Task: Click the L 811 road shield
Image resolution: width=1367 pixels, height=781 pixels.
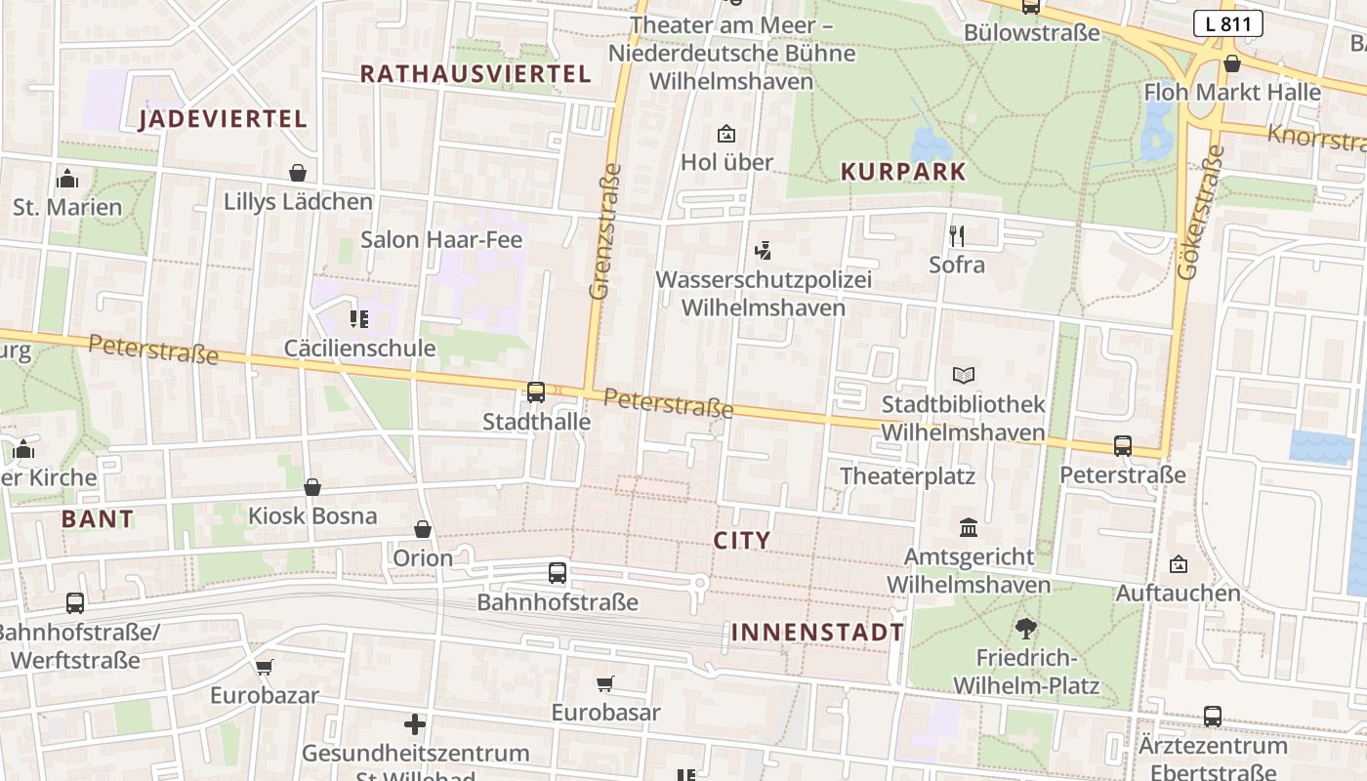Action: point(1227,24)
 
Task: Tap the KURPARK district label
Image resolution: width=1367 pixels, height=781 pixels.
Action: point(903,172)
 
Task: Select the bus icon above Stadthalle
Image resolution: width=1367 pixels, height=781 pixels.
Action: point(536,392)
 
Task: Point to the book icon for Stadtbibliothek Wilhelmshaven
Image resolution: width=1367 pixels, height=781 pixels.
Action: point(964,375)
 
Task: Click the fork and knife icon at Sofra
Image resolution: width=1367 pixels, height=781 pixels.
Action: point(957,235)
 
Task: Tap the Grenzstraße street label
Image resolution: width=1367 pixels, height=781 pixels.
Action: point(606,230)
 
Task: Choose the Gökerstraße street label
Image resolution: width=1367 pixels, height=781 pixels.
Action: point(1201,213)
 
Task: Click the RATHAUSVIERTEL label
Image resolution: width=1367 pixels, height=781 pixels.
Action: point(476,74)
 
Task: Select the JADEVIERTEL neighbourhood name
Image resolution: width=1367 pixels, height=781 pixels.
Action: point(223,119)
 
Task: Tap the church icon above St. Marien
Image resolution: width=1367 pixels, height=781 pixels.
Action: point(67,179)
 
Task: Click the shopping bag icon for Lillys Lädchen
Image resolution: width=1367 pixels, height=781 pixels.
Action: point(298,173)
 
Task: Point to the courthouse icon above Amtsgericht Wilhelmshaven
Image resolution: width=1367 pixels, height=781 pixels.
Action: point(969,527)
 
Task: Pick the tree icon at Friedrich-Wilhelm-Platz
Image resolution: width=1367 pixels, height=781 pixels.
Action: point(1025,628)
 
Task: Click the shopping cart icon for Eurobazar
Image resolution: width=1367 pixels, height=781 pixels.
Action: point(264,668)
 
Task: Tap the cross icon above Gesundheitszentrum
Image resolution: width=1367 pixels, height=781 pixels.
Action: point(415,724)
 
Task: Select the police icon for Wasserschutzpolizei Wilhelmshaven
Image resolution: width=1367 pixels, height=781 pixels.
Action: point(764,251)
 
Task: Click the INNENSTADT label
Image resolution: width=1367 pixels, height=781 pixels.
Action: point(817,633)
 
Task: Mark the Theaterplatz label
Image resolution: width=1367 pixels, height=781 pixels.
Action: point(908,475)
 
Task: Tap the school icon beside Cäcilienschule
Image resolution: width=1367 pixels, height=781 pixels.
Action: point(359,318)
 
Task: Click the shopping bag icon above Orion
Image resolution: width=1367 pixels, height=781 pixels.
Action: point(423,529)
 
